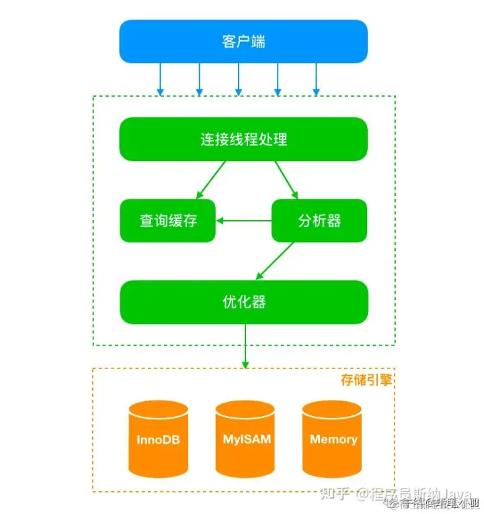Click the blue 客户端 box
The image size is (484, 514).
coord(243,41)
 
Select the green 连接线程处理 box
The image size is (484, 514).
coord(243,140)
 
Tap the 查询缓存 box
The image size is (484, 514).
coord(168,221)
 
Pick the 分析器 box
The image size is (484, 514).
coord(319,221)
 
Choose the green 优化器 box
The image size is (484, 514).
coord(243,302)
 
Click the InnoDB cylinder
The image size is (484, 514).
coord(158,440)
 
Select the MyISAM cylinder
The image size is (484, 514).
coord(245,440)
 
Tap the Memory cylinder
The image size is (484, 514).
coord(333,440)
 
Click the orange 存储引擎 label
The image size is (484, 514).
coord(366,380)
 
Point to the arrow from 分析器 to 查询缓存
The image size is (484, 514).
coord(243,221)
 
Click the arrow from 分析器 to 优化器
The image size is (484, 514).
coord(276,260)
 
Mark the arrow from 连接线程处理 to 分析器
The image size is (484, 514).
coord(286,181)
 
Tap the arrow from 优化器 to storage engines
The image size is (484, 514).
coord(245,346)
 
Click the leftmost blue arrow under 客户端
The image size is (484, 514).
coord(160,79)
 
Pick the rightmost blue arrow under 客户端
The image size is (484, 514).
coord(316,79)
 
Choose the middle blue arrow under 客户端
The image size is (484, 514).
coord(238,79)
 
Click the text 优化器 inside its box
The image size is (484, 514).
coord(243,302)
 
